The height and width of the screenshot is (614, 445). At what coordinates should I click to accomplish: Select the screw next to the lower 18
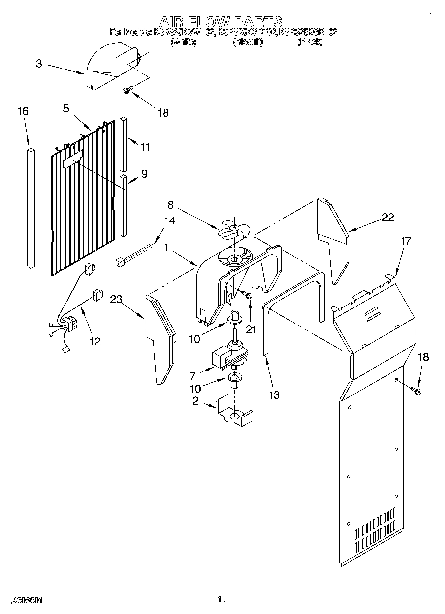pyautogui.click(x=416, y=390)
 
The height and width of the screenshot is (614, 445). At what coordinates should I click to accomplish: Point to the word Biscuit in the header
pyautogui.click(x=248, y=42)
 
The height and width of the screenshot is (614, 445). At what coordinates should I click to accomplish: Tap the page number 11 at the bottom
pyautogui.click(x=222, y=599)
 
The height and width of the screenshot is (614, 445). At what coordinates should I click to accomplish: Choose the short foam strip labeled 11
pyautogui.click(x=123, y=144)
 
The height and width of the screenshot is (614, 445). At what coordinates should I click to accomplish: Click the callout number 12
pyautogui.click(x=95, y=341)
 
